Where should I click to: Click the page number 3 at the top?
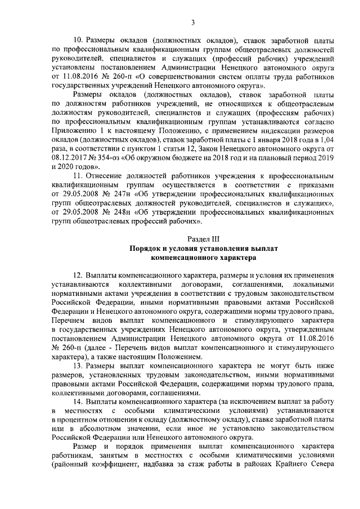192,22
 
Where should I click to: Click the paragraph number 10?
79,41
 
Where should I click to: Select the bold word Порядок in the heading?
146,247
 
